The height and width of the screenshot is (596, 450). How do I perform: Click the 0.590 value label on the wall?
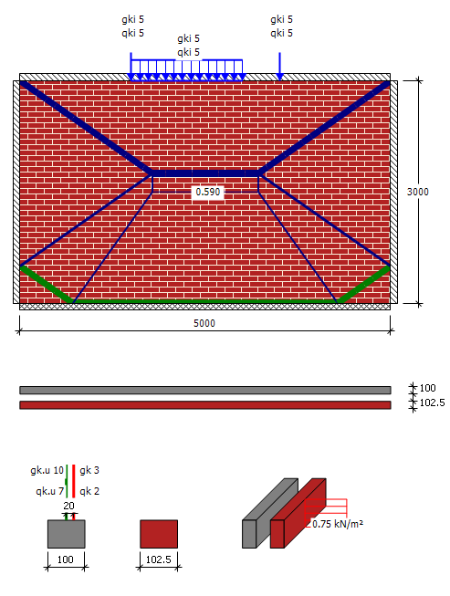point(208,192)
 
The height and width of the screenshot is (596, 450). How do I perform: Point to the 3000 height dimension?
point(418,192)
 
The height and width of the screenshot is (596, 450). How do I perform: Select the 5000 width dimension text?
point(204,323)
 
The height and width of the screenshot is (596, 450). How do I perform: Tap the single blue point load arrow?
point(279,67)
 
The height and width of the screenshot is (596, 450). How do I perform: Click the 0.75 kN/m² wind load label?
point(338,524)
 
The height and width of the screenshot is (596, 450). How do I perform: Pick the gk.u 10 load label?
point(47,470)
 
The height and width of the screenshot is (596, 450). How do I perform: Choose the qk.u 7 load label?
point(49,491)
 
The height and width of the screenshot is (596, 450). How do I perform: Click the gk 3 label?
point(89,470)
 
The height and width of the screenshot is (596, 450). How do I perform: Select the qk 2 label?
point(89,491)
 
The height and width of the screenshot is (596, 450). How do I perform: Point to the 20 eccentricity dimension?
point(68,506)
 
